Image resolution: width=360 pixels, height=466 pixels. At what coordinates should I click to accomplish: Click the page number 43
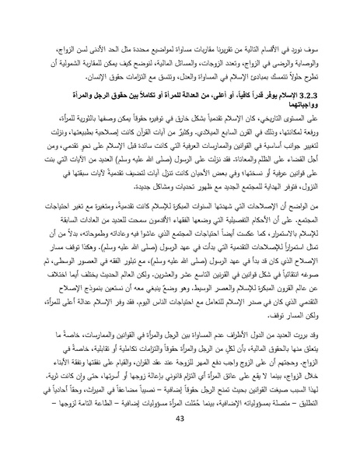[x=180, y=441]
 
